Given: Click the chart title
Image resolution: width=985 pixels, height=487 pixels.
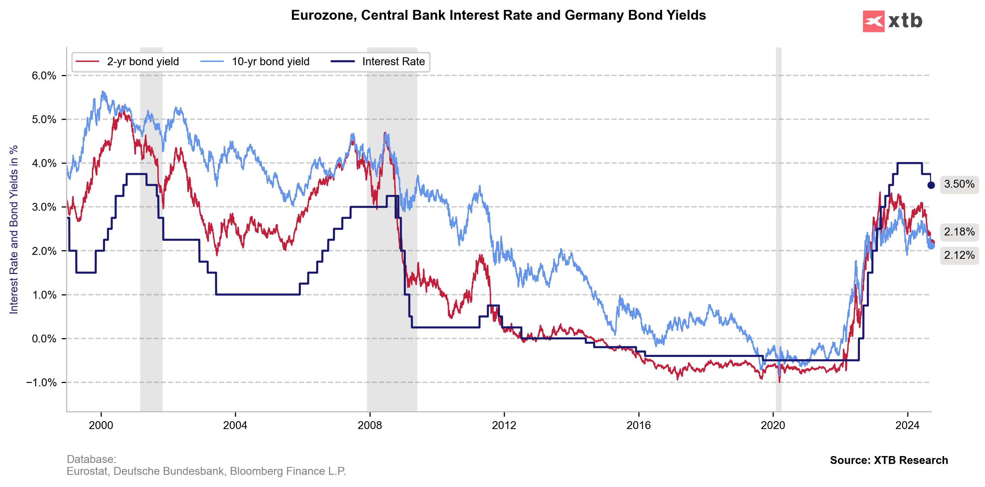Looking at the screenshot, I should coord(498,15).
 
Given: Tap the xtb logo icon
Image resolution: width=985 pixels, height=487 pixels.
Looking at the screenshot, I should coord(873,21).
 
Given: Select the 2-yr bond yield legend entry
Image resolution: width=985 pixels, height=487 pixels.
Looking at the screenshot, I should coord(143,62).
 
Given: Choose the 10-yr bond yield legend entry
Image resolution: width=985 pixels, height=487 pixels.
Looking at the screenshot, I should coord(270,62).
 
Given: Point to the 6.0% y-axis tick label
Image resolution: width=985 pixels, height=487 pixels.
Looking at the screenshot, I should coord(44,76).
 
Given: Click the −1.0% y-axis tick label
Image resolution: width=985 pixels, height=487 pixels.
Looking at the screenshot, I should coord(41,383).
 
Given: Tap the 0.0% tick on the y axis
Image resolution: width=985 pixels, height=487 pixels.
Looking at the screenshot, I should coord(44,338).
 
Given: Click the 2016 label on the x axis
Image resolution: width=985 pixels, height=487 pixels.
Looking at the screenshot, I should coord(638,425).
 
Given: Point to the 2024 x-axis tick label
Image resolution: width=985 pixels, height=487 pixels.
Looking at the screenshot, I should coord(907,425).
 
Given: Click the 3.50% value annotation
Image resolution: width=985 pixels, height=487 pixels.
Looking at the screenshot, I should coord(959,184).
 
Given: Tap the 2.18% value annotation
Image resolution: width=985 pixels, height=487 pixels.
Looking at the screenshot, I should coord(959,232).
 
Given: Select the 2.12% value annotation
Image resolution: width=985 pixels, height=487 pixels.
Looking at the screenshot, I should coord(959,255).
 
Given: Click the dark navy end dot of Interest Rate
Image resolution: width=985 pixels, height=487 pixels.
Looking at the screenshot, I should coord(931,185).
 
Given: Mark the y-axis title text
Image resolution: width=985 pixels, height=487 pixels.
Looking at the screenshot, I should coord(14,230).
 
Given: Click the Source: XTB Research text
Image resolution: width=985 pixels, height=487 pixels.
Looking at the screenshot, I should coord(889,460).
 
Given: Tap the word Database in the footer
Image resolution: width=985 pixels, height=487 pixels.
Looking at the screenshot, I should coord(91,459).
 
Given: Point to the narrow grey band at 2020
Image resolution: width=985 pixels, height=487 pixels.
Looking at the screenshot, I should coord(779,230).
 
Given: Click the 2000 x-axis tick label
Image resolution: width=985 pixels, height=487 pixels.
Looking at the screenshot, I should coord(101,425).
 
